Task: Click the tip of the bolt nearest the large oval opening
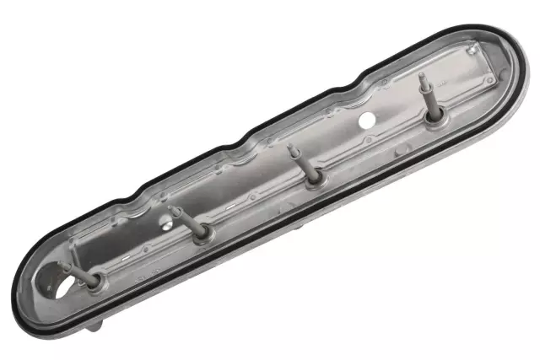click(61, 265)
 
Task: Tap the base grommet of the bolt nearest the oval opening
click(92, 281)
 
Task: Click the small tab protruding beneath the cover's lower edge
click(94, 324)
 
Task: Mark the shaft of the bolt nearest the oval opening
click(76, 272)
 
